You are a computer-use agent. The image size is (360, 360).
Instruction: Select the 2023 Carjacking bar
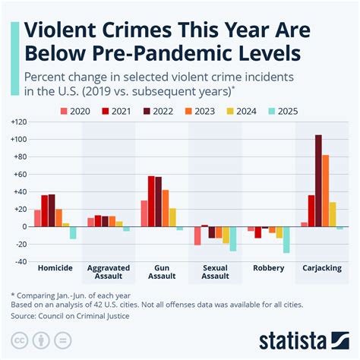(326, 190)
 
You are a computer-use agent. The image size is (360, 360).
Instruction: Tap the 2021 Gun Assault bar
(150, 201)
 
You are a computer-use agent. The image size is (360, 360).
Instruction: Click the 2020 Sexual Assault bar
(197, 235)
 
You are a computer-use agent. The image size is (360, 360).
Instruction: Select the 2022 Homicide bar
(52, 210)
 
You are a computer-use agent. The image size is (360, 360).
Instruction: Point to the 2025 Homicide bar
(73, 232)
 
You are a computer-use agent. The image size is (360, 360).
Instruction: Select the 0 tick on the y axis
(24, 226)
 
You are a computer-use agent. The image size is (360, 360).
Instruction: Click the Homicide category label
(55, 268)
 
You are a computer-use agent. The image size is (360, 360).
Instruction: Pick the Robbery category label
(268, 268)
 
